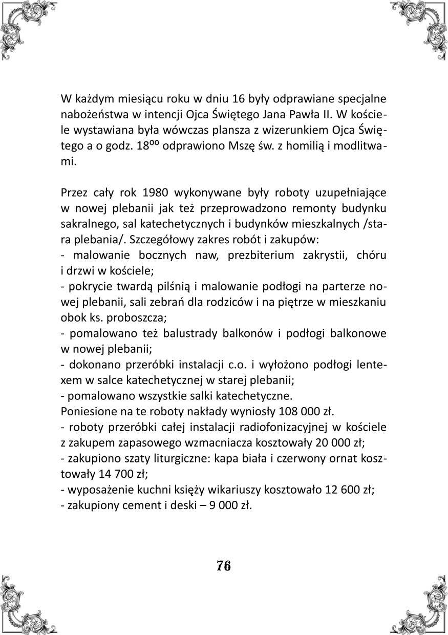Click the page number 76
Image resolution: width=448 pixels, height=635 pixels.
click(224, 566)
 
